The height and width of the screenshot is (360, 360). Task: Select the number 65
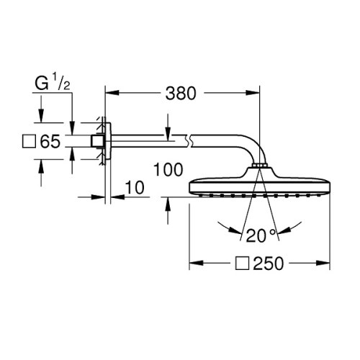(49, 141)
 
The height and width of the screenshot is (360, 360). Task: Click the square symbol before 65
(30, 141)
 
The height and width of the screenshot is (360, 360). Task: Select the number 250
(266, 265)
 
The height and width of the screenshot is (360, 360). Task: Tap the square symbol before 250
(241, 265)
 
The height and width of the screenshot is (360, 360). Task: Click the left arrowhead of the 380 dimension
(112, 92)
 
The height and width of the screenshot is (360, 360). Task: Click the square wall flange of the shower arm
(103, 141)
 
